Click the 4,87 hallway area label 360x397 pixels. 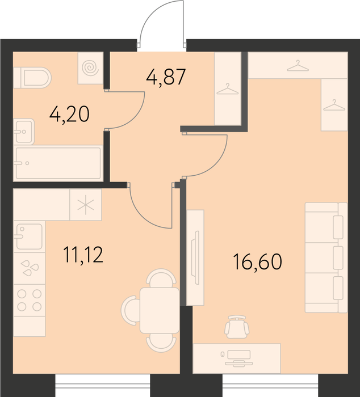[166, 77]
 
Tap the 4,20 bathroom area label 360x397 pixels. [69, 114]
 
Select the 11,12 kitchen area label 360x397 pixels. [83, 255]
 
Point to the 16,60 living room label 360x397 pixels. [257, 262]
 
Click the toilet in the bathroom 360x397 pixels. [32, 78]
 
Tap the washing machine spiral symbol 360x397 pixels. [90, 68]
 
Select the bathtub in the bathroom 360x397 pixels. [58, 163]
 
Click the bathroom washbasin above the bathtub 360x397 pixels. [24, 132]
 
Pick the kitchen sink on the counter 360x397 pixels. [29, 236]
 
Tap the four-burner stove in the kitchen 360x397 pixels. [30, 300]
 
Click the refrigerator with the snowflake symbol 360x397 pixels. [86, 205]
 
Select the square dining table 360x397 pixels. [160, 310]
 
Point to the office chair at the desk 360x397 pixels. [237, 327]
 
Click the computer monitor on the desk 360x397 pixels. [239, 358]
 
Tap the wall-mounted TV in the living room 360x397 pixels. [195, 257]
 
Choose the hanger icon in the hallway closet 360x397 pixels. [228, 90]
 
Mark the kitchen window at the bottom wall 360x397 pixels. [103, 385]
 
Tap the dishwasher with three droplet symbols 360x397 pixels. [30, 268]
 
